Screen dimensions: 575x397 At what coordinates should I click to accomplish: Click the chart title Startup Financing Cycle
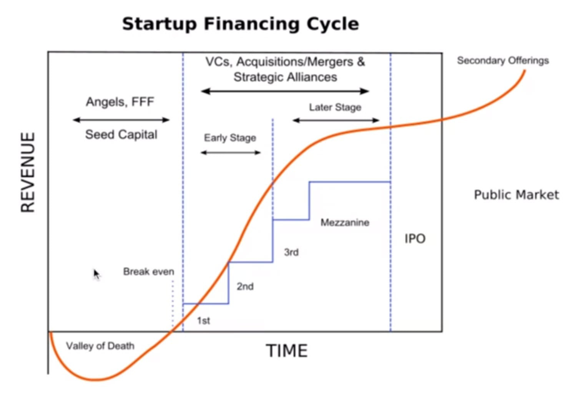tap(241, 24)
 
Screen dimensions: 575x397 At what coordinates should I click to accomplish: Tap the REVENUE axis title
tap(28, 172)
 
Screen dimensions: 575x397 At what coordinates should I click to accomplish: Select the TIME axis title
tap(287, 351)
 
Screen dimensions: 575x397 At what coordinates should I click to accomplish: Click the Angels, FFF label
tap(120, 102)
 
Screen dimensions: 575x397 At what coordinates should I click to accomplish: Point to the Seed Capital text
tap(121, 135)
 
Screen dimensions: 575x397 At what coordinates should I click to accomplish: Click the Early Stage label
tap(230, 138)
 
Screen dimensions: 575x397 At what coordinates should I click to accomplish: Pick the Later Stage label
tap(335, 108)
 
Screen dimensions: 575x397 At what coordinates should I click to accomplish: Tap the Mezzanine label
tap(345, 222)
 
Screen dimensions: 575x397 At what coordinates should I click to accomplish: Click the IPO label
tap(415, 239)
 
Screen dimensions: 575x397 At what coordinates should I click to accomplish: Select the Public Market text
tap(516, 195)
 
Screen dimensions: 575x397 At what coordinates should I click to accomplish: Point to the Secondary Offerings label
tap(503, 61)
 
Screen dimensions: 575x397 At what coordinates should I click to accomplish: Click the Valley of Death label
tap(100, 346)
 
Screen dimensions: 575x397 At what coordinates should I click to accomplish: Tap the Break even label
tap(149, 271)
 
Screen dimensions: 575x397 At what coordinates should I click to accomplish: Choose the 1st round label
tap(203, 321)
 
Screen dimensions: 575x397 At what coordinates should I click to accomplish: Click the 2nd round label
tap(245, 286)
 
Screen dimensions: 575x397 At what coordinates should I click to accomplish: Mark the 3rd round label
tap(291, 252)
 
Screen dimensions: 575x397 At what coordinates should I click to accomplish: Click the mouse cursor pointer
tap(96, 275)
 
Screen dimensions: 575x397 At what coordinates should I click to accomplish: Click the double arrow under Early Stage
tap(231, 153)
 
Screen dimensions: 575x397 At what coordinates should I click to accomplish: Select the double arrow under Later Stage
tap(336, 120)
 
